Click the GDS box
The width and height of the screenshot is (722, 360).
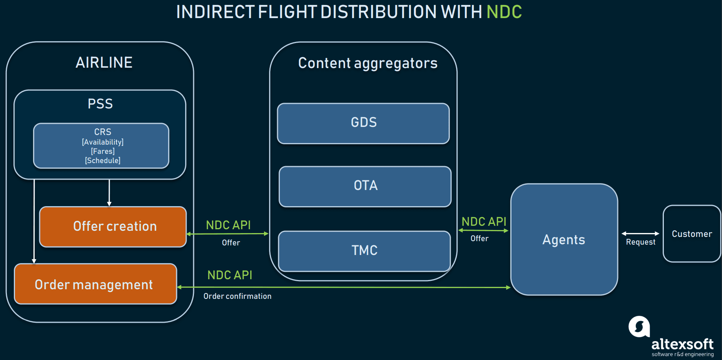[363, 123]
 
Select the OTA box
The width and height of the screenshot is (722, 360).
[365, 186]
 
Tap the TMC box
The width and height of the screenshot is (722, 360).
[364, 251]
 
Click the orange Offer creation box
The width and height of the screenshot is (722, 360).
[113, 227]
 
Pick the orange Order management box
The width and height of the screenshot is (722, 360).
[95, 284]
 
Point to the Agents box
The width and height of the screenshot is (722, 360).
[564, 239]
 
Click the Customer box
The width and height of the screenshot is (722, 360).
[692, 233]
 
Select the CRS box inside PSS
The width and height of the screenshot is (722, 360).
[101, 145]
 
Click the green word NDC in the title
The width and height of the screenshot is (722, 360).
[504, 12]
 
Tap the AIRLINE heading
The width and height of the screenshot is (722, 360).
[104, 62]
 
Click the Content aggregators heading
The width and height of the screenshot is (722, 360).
[368, 63]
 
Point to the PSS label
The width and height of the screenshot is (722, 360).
[100, 104]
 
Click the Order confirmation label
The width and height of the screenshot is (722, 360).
[237, 296]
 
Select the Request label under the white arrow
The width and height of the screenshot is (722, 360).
[640, 242]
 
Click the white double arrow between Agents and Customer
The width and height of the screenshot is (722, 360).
[640, 233]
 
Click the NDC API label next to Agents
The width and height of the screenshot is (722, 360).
[484, 222]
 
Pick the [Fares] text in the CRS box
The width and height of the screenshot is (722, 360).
[103, 151]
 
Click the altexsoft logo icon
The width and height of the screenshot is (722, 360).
[639, 327]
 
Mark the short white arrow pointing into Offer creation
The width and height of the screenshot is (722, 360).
[109, 193]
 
